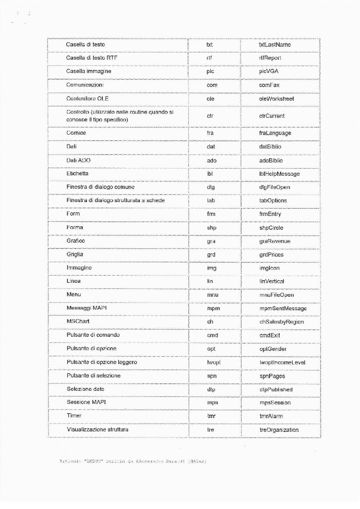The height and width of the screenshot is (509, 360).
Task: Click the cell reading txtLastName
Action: [x=275, y=45]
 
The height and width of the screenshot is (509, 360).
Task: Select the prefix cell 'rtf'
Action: [x=209, y=58]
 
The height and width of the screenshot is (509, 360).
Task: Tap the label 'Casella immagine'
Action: [x=88, y=71]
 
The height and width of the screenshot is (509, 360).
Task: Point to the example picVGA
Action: [x=269, y=71]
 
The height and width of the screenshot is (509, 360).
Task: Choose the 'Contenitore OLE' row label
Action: [x=87, y=98]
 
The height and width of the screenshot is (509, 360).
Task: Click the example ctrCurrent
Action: [x=272, y=116]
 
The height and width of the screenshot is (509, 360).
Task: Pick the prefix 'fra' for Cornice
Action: [x=210, y=133]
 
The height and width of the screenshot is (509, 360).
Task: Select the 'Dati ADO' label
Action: [x=79, y=160]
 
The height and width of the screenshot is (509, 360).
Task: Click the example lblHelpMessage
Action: [x=279, y=174]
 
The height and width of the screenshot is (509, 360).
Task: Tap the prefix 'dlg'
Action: [x=210, y=187]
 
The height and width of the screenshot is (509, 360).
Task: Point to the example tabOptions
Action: [x=273, y=201]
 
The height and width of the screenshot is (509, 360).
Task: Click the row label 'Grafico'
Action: [x=76, y=241]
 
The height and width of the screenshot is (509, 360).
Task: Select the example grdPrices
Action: [x=272, y=254]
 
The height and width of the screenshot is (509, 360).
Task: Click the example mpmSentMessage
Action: [x=283, y=308]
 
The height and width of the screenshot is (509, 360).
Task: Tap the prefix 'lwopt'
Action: [x=213, y=362]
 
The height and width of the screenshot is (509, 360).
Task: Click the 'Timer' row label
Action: [x=74, y=416]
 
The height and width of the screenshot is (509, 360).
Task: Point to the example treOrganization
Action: [x=279, y=430]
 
